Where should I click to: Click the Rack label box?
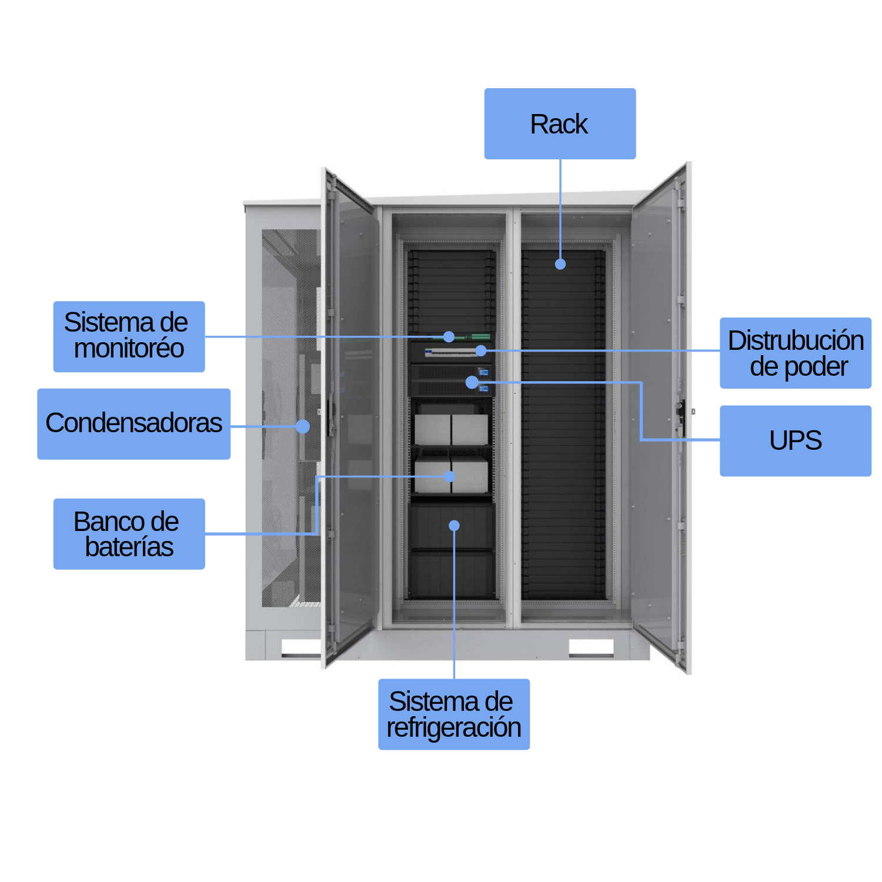coord(560,123)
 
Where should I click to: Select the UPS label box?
coord(795,440)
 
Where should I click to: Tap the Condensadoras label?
coord(133,423)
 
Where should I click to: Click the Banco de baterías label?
coord(129,534)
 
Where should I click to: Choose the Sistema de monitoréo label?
coord(129,336)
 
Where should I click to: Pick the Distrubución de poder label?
coord(795,353)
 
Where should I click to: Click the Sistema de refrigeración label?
coord(453,714)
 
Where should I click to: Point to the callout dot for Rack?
coord(560,264)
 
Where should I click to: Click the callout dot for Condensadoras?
coord(303,426)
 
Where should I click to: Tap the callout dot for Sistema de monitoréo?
coord(449,337)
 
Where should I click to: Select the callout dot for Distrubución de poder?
coord(481,351)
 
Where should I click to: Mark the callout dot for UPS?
coord(472,382)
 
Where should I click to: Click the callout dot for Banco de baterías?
coord(450,476)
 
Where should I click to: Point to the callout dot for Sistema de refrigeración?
coord(454,526)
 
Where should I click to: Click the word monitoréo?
coord(129,349)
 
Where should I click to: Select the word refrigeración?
coord(453,727)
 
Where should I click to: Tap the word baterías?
coord(129,547)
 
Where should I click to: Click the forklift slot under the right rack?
coord(591,647)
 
